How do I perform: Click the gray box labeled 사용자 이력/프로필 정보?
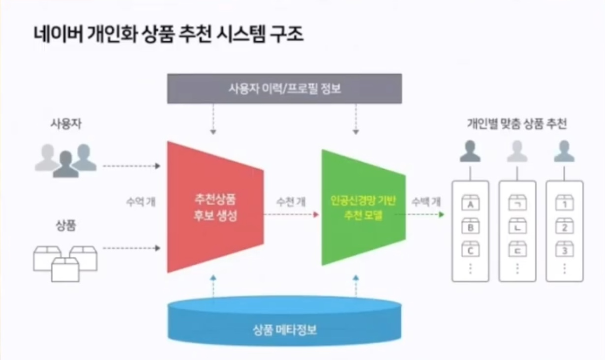pos(284,89)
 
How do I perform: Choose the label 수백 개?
pos(426,201)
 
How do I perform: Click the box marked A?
pos(470,203)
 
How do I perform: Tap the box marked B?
pos(470,227)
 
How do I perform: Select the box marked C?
pos(470,250)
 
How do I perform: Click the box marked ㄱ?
pos(517,203)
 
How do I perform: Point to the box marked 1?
pos(565,203)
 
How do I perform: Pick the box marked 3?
pos(565,250)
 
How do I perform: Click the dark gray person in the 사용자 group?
pos(65,164)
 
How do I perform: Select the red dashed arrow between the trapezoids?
pos(290,215)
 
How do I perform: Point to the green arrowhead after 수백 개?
pos(441,215)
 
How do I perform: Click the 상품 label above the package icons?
pos(65,227)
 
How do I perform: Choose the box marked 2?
pos(565,227)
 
